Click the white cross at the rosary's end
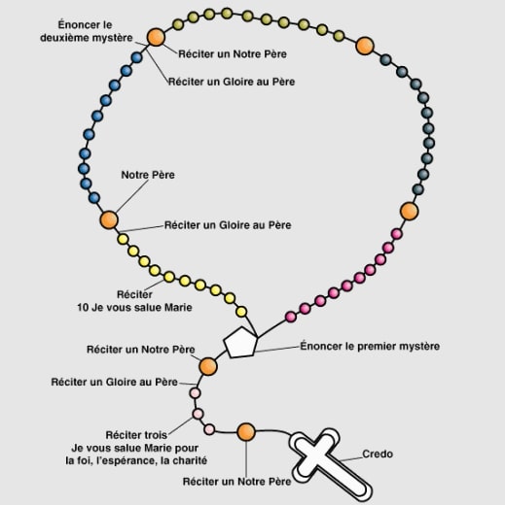click(x=327, y=462)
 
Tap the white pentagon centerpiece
click(x=240, y=343)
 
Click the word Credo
click(x=378, y=454)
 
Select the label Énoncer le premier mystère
click(x=370, y=346)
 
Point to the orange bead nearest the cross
click(x=246, y=432)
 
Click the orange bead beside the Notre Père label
click(x=109, y=219)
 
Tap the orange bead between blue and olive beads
click(x=156, y=37)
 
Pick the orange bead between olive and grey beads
click(x=365, y=46)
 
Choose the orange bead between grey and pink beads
click(x=410, y=212)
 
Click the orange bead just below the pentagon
click(x=207, y=366)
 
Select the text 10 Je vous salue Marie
click(x=134, y=307)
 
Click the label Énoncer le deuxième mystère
click(x=87, y=31)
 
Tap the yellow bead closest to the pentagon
click(x=241, y=312)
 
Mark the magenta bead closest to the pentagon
click(x=291, y=317)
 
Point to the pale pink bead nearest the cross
click(x=209, y=429)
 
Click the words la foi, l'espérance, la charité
click(x=136, y=460)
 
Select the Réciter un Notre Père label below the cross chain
click(x=236, y=482)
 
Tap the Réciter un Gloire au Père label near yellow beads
click(x=228, y=225)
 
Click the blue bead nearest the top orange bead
click(x=136, y=57)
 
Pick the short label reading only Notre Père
click(x=148, y=175)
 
